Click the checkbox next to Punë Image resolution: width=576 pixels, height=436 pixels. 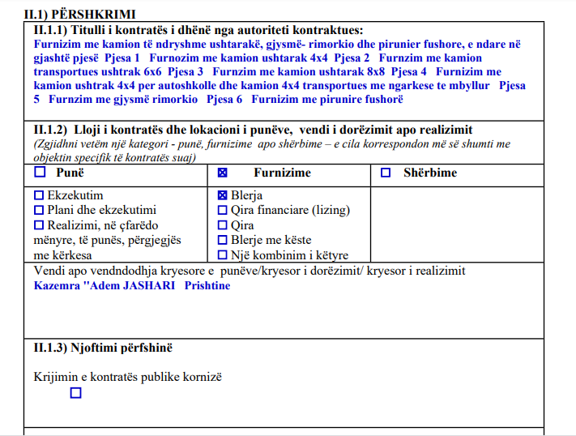(x=40, y=173)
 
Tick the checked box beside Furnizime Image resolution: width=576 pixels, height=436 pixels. (x=223, y=173)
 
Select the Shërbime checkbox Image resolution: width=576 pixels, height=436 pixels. (x=386, y=173)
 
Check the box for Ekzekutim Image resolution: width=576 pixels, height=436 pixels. (x=39, y=195)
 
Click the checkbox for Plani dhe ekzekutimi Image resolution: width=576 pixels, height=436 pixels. (x=39, y=210)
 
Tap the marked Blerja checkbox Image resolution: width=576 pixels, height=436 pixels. (x=223, y=195)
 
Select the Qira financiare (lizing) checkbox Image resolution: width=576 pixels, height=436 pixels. (x=223, y=210)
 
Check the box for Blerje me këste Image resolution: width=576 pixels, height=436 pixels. (x=223, y=240)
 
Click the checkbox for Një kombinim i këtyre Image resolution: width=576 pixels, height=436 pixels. (x=223, y=255)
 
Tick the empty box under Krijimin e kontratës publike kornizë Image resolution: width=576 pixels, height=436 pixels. (x=76, y=393)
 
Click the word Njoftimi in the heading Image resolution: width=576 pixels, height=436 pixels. (x=100, y=348)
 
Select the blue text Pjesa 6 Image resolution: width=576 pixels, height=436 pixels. (x=224, y=100)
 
